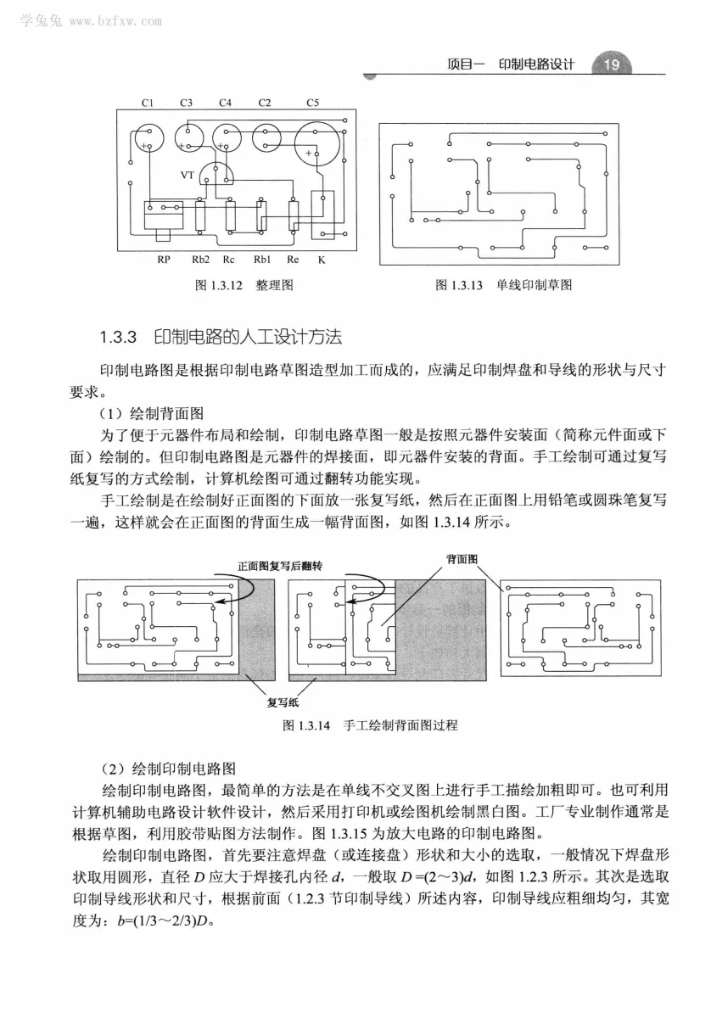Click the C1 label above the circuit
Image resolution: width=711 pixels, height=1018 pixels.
point(147,103)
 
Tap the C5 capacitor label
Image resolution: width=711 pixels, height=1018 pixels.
point(313,103)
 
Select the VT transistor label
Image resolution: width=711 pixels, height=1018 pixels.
point(188,176)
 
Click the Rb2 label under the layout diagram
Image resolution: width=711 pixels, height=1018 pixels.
point(200,260)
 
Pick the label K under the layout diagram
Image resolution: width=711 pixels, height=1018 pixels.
point(322,260)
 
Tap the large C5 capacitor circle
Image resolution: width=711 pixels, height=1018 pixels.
point(315,145)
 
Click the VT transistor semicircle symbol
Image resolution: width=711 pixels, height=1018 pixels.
point(220,175)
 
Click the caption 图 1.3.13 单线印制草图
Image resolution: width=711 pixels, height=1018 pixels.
point(504,286)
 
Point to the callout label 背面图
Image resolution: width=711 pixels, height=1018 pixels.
point(462,559)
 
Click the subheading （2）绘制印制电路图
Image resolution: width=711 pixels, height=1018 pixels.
point(167,770)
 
